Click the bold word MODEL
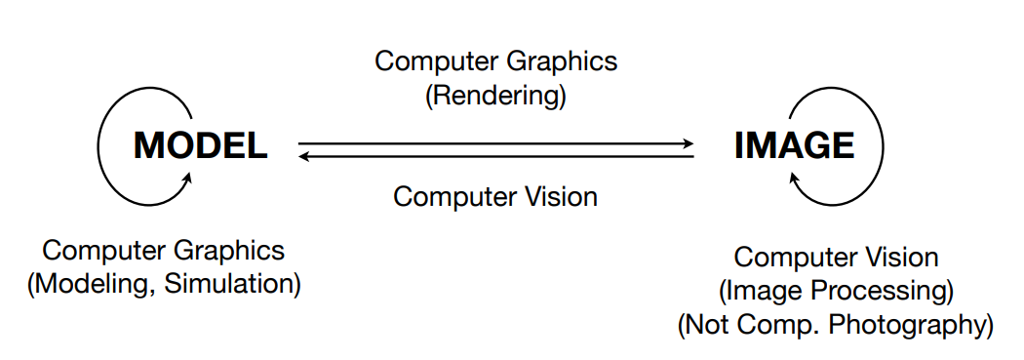click(x=201, y=146)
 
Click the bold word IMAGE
click(x=794, y=146)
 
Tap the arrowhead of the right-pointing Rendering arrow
click(x=687, y=144)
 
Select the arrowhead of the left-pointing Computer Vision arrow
click(x=304, y=156)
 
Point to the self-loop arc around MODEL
click(x=100, y=146)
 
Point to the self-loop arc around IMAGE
click(x=881, y=146)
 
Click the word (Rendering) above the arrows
click(x=495, y=96)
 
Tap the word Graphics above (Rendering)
click(x=570, y=60)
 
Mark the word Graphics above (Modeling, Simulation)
click(x=236, y=250)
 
